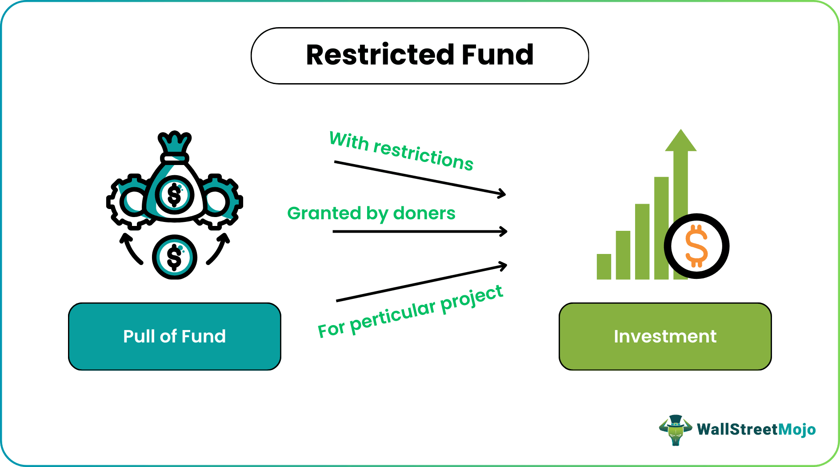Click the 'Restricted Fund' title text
(x=420, y=55)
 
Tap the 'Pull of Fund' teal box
(x=174, y=336)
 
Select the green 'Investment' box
(x=665, y=336)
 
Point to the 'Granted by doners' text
(x=371, y=213)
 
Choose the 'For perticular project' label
(x=410, y=311)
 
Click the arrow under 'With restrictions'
(x=420, y=178)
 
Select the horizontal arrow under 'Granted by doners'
(x=420, y=231)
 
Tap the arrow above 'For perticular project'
(x=421, y=283)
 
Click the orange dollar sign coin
(x=696, y=246)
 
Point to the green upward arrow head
(x=680, y=141)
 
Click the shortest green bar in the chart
(x=604, y=266)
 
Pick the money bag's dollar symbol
(x=174, y=195)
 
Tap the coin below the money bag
(x=174, y=257)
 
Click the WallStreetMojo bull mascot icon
(x=675, y=430)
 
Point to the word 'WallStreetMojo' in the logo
(x=756, y=430)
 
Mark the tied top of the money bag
(x=175, y=145)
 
